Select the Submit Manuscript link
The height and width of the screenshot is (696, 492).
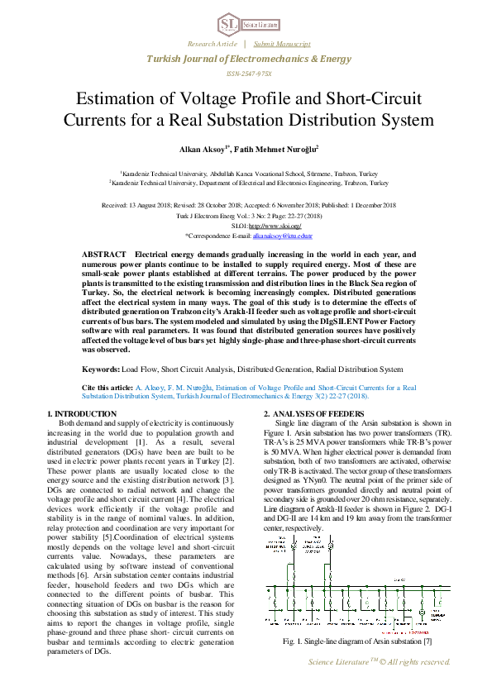click(x=282, y=43)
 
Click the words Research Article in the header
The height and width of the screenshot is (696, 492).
click(x=213, y=43)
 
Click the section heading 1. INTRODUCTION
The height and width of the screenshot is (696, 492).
click(x=81, y=413)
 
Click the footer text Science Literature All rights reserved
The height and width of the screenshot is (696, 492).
click(x=379, y=662)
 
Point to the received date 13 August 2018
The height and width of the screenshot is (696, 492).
click(x=162, y=204)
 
